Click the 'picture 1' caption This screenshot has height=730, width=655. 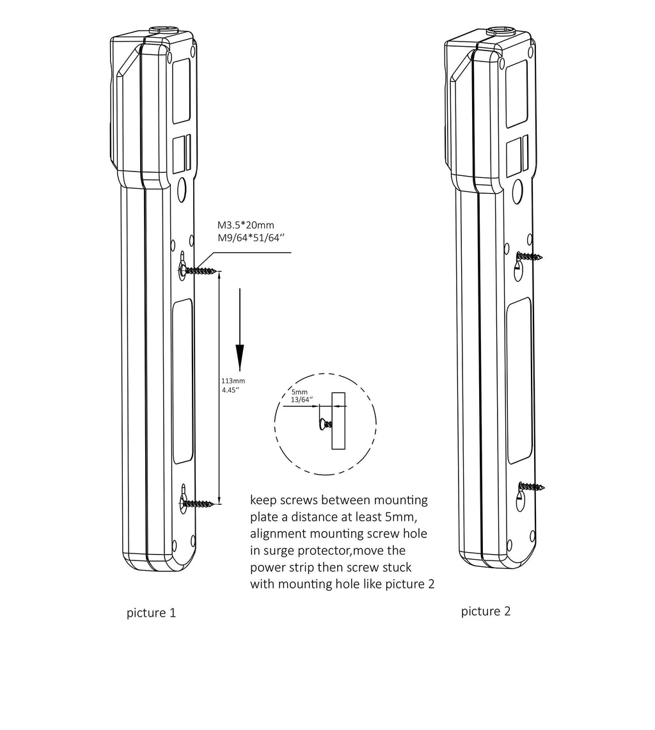point(152,613)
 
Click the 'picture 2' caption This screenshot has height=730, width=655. point(485,611)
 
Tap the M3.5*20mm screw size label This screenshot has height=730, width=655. point(246,225)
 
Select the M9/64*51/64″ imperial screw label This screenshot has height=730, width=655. point(251,238)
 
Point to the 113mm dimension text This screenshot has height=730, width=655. point(233,381)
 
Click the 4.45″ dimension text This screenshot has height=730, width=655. point(230,390)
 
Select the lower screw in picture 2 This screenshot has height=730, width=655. point(531,487)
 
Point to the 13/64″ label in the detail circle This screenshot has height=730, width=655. point(302,399)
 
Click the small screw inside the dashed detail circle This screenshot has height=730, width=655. point(325,424)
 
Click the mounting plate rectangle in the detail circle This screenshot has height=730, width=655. point(338,421)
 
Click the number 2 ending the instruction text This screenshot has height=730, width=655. point(430,584)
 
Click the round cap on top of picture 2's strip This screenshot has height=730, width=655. point(500,31)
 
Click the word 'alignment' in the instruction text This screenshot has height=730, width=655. point(278,534)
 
